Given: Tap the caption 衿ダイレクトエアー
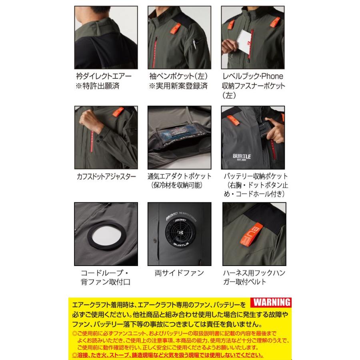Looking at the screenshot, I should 103,76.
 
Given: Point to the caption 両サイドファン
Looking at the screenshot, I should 179,273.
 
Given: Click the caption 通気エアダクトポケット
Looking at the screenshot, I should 179,176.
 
